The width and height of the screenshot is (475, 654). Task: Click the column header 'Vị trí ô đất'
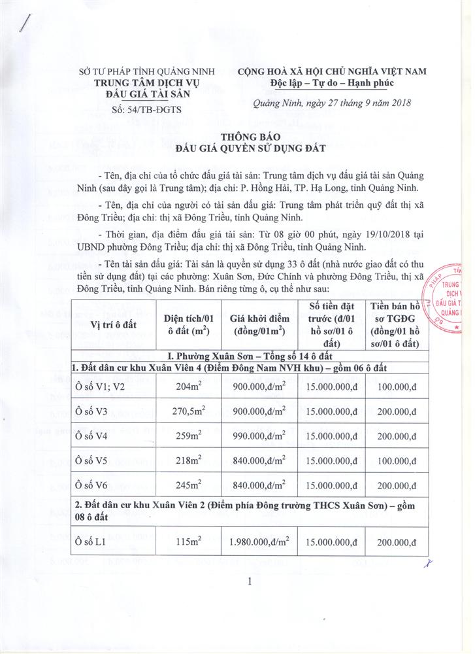point(108,325)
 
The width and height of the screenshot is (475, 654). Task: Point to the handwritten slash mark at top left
point(25,24)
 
